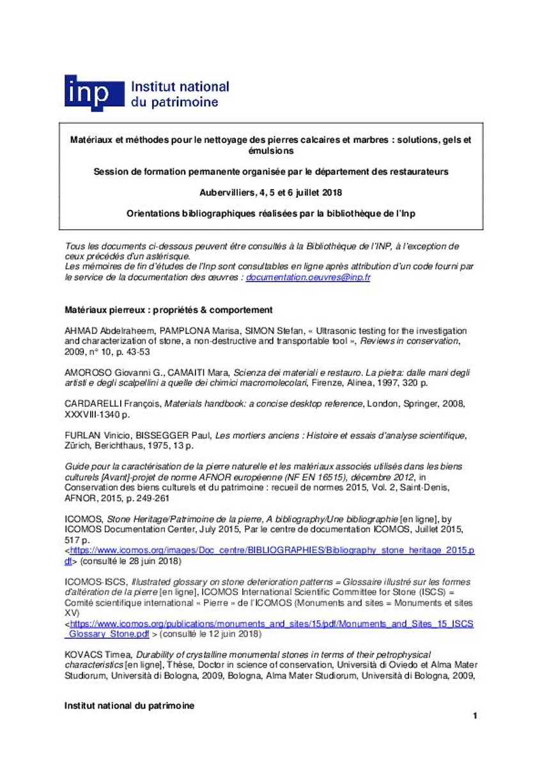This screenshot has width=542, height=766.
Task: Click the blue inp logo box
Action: [93, 93]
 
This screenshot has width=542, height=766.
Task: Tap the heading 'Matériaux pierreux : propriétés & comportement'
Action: [169, 310]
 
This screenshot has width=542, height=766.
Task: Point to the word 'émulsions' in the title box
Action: [271, 151]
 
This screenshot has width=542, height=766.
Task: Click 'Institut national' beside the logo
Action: [180, 87]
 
